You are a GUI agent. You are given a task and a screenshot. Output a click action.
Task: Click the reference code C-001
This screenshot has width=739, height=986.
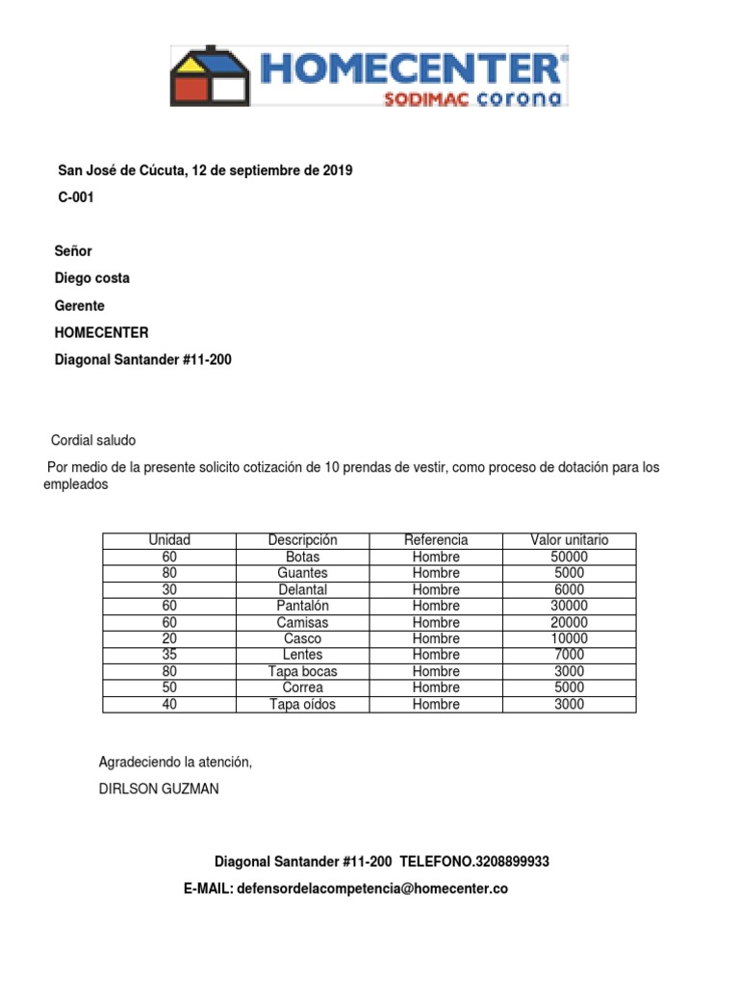(77, 197)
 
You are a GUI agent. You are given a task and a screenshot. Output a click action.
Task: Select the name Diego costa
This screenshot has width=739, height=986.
(92, 278)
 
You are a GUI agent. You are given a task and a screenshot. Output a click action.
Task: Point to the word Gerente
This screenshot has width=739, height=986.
(80, 305)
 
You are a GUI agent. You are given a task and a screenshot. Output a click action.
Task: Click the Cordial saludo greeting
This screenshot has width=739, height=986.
(93, 440)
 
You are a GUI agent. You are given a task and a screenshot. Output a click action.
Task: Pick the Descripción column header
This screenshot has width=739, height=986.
(302, 540)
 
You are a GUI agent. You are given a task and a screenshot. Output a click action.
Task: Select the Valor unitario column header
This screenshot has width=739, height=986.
(569, 540)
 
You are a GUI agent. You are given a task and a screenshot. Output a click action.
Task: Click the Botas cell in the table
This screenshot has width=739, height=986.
(302, 557)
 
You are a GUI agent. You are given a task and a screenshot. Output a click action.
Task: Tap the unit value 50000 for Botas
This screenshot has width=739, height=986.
(569, 557)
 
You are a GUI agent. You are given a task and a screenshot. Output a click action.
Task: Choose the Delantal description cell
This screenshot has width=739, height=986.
(302, 589)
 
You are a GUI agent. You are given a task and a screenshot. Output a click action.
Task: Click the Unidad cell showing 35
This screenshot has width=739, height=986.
(169, 655)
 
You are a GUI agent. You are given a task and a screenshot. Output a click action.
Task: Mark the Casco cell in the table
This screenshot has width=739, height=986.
(302, 638)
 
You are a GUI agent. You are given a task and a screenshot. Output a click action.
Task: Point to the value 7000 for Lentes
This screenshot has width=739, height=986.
(569, 655)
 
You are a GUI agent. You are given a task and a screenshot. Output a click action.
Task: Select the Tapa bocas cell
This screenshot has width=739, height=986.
(302, 671)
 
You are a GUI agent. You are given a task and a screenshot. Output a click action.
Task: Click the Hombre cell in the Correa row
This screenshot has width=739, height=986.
(436, 688)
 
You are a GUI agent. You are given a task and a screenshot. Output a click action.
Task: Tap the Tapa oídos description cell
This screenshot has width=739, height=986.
(302, 704)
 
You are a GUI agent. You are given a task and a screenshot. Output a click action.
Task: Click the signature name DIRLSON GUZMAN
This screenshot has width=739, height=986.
(159, 789)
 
